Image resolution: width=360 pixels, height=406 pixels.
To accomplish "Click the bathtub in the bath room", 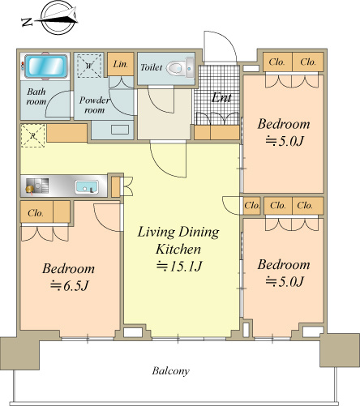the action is (x=46, y=66).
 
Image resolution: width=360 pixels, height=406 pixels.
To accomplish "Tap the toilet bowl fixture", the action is (x=180, y=68).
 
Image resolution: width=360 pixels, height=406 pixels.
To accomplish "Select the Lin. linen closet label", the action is (x=120, y=64).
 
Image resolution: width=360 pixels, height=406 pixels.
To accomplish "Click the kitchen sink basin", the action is (x=87, y=186).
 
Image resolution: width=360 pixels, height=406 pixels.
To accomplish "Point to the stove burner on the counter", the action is (x=30, y=189).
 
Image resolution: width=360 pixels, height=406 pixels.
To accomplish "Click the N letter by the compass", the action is (x=27, y=22).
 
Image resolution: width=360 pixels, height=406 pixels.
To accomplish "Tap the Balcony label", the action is (x=170, y=371).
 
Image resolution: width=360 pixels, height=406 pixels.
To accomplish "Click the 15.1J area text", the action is (x=179, y=267).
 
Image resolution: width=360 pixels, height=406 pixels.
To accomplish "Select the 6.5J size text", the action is (x=70, y=286).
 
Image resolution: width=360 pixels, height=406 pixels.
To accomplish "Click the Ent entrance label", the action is (x=221, y=98).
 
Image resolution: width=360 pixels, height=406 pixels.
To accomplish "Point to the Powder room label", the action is (x=94, y=105).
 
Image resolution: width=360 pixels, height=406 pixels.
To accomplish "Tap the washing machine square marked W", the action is (x=89, y=66).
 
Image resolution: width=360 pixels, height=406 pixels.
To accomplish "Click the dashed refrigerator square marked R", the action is (x=33, y=135).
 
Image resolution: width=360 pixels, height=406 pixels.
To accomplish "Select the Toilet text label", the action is (x=152, y=67).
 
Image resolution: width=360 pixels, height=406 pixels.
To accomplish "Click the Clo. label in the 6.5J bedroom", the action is (x=36, y=213).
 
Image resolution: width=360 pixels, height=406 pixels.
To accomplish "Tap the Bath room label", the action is (x=36, y=96).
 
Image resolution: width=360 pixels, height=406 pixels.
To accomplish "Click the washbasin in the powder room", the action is (x=120, y=130).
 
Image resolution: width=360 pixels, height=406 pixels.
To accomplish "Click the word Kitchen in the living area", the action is (x=178, y=249).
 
